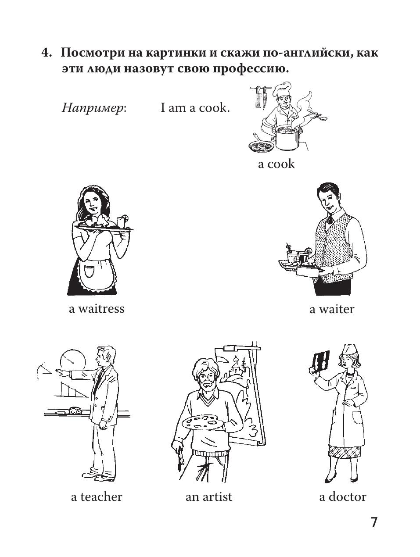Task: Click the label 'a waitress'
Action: [97, 309]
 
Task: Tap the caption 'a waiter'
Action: [332, 309]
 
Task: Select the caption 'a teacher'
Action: [97, 497]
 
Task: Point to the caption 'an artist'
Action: [209, 497]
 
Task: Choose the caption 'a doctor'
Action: [343, 497]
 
